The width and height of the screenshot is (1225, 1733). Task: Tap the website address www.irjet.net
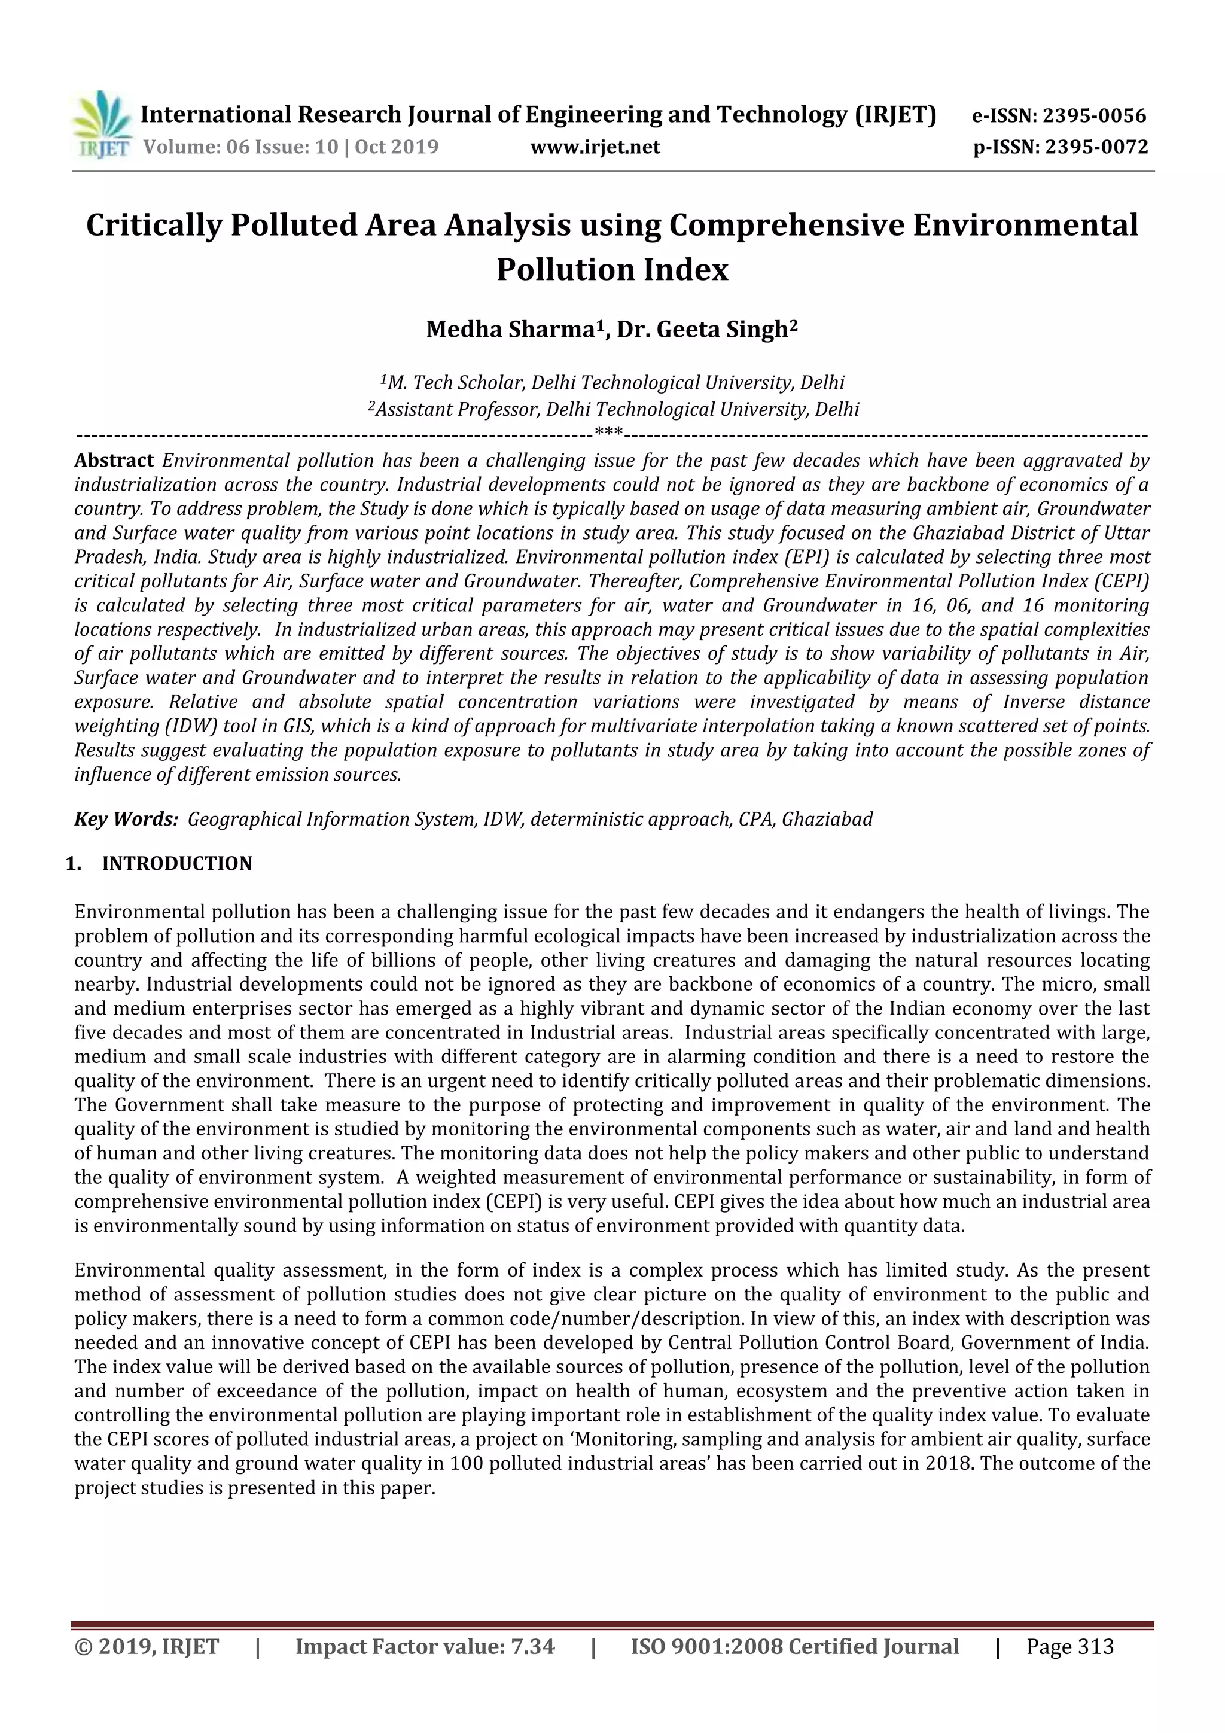[595, 147]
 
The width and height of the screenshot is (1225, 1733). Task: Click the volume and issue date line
[291, 147]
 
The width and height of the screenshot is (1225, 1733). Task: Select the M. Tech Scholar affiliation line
[612, 383]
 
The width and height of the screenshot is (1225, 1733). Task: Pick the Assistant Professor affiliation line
[612, 409]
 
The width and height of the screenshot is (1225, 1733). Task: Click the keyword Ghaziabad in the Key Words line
[827, 819]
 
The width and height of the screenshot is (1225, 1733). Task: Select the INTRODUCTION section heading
[176, 863]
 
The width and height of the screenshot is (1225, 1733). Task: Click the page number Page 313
[1069, 1646]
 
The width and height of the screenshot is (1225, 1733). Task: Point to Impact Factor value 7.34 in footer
[425, 1646]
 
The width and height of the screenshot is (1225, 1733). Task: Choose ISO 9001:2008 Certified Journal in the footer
[795, 1646]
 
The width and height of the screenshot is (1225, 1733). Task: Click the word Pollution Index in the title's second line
[612, 269]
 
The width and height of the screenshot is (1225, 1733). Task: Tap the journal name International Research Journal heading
[538, 115]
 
